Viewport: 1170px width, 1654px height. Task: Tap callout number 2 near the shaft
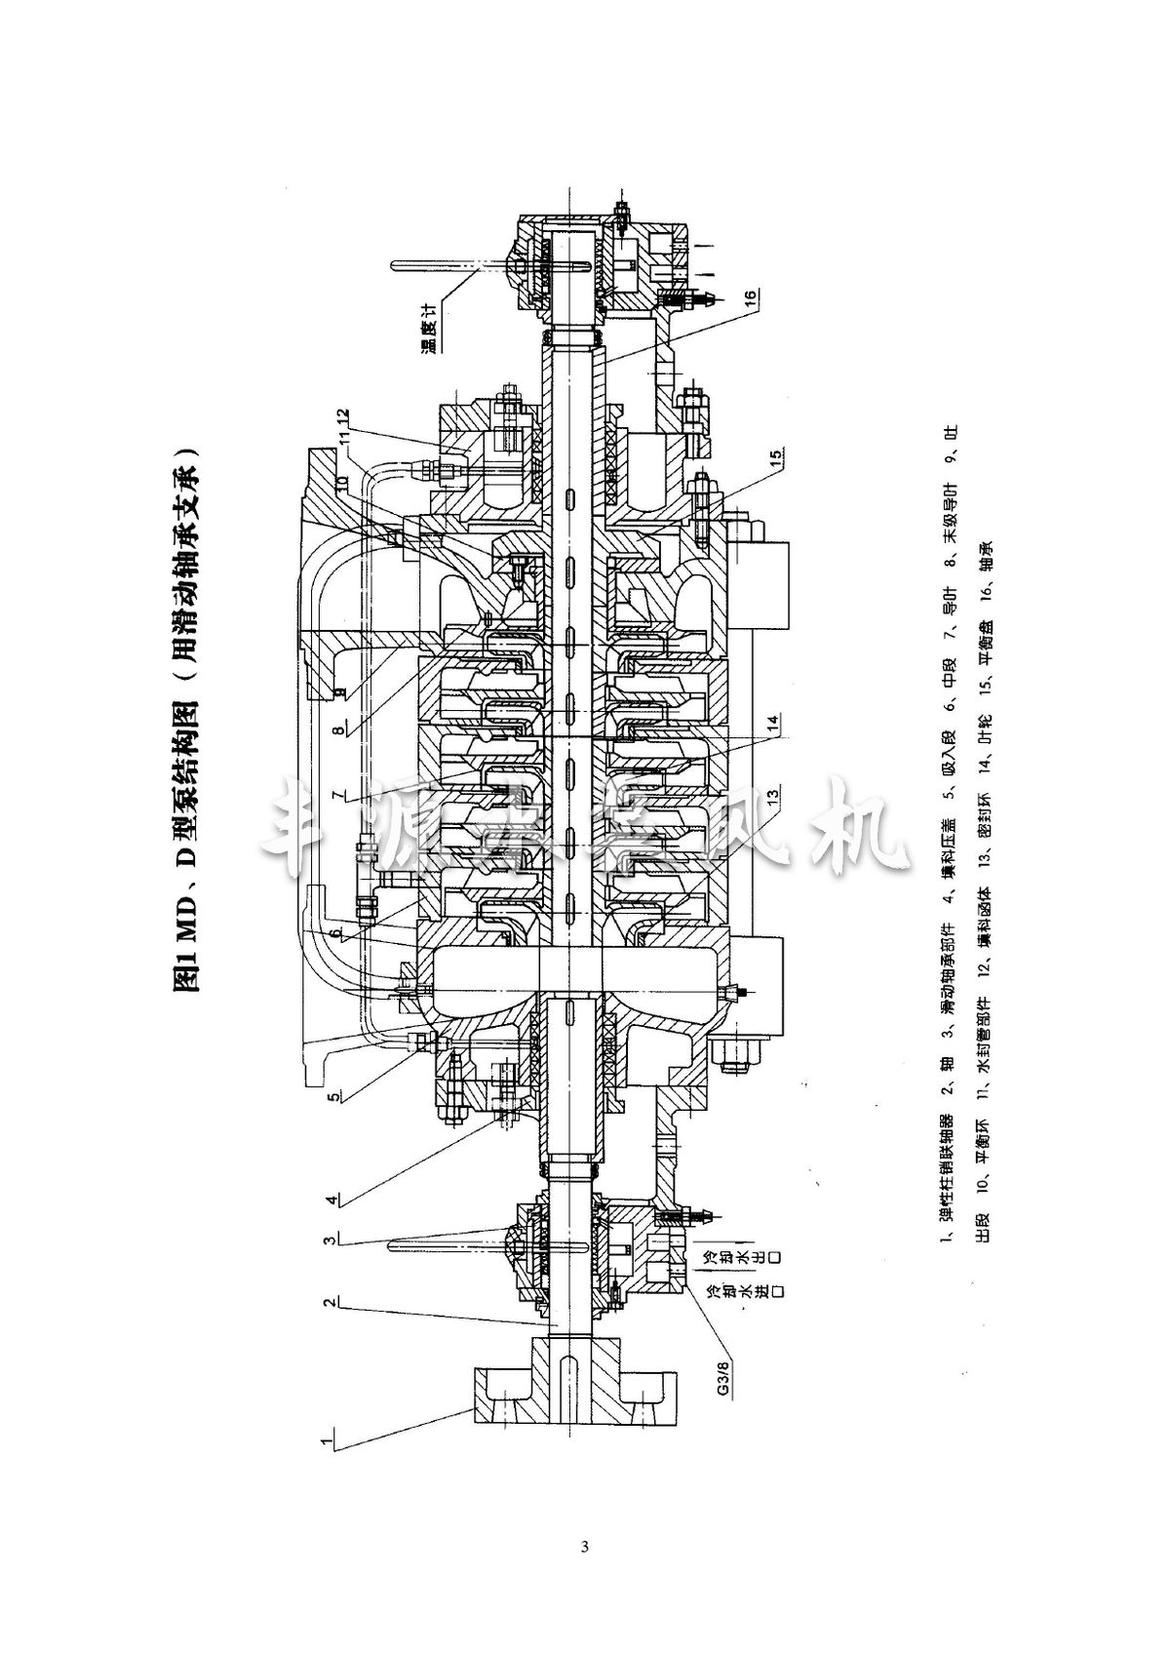click(x=331, y=1302)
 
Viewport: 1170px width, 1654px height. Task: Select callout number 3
click(x=331, y=1240)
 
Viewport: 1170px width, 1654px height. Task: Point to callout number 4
click(x=331, y=1199)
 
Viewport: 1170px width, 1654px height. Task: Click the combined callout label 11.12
click(x=340, y=428)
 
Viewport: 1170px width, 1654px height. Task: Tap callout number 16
click(x=749, y=296)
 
